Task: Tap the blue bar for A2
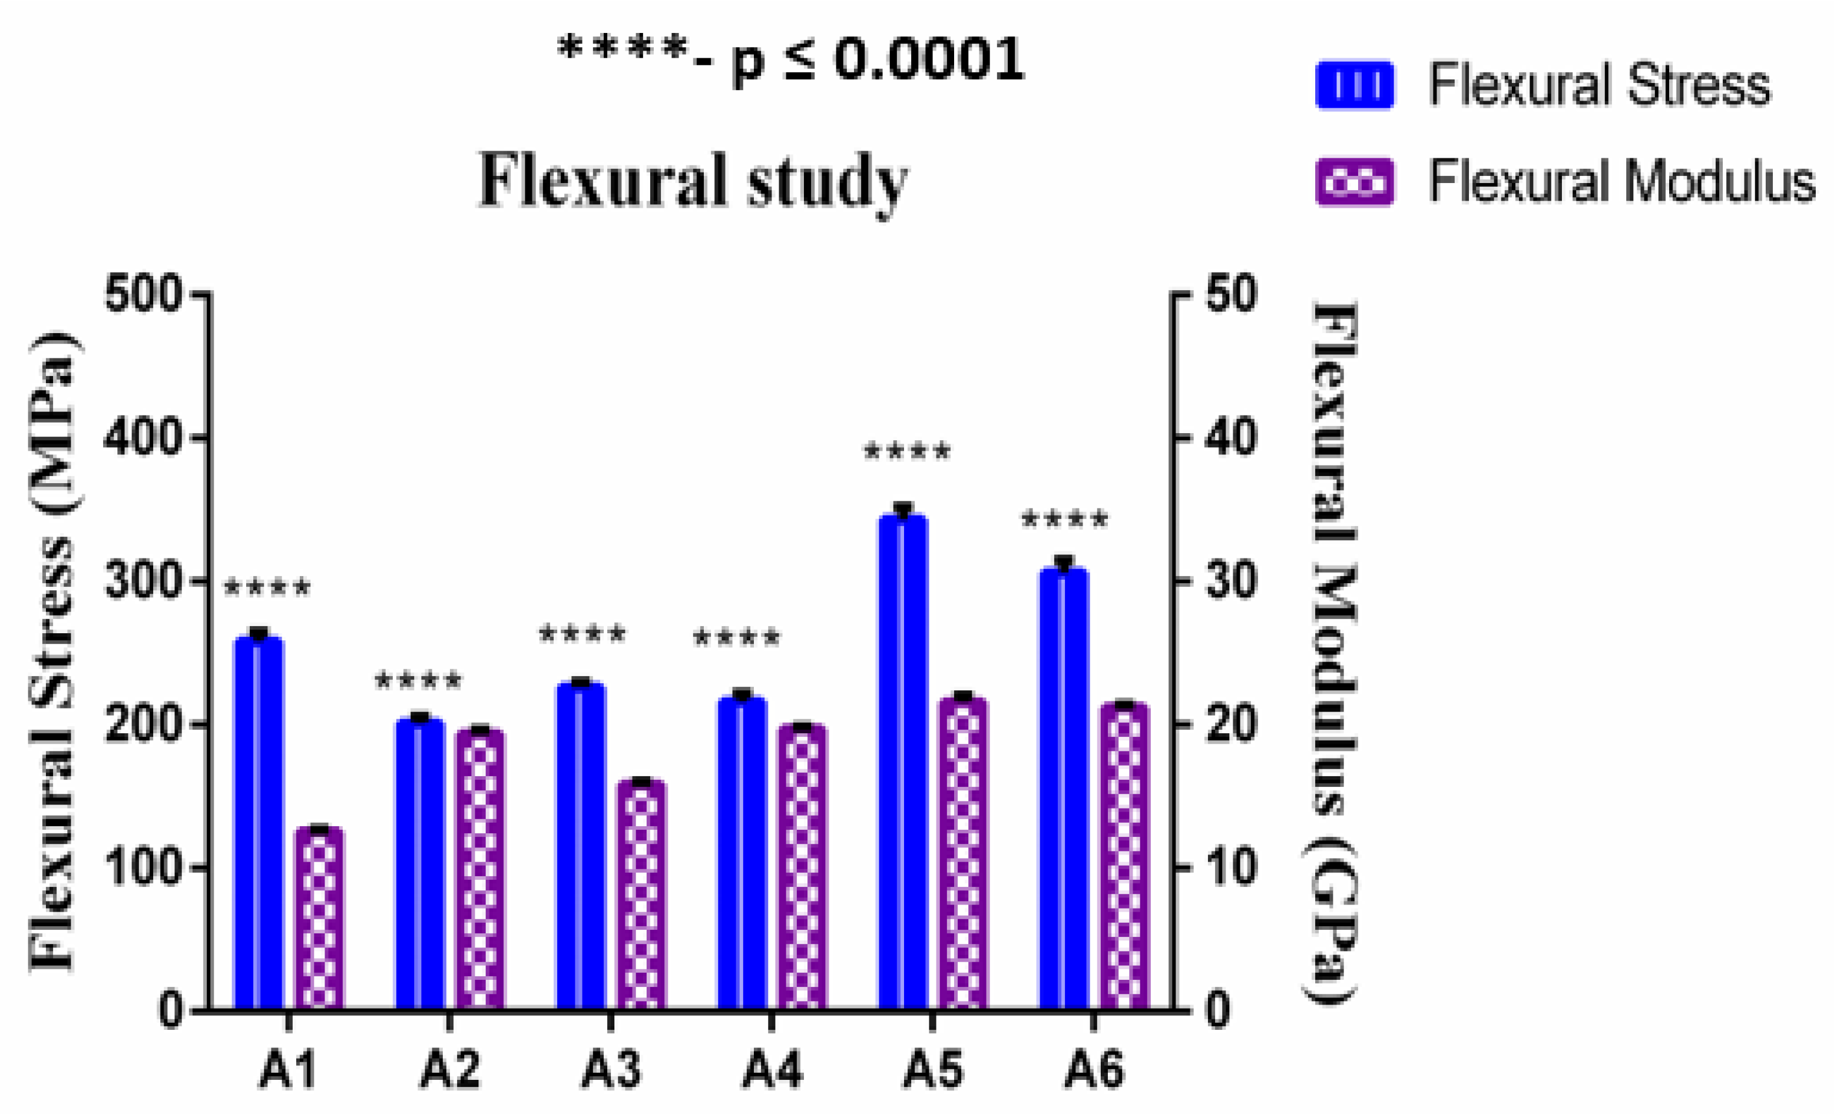[x=420, y=864]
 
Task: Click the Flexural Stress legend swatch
[x=1354, y=84]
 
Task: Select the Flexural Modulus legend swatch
[x=1354, y=181]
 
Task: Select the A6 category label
[x=1094, y=1071]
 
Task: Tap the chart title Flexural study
[x=693, y=181]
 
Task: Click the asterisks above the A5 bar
[x=908, y=453]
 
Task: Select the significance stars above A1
[x=267, y=588]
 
